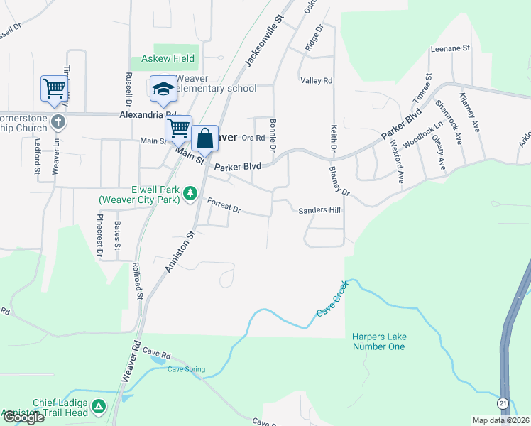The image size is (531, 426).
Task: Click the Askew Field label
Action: click(x=168, y=58)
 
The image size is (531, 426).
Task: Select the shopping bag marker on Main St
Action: click(x=204, y=138)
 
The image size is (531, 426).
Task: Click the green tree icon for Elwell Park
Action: click(x=190, y=193)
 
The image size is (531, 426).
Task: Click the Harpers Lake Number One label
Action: click(x=378, y=342)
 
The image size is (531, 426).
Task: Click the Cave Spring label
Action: click(x=186, y=369)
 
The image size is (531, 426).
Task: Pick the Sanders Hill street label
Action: click(x=319, y=211)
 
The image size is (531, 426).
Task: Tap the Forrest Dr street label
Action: click(x=224, y=207)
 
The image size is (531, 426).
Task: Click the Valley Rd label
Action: click(x=316, y=81)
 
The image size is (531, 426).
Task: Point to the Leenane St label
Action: click(x=451, y=48)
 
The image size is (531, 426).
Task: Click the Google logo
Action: click(x=23, y=417)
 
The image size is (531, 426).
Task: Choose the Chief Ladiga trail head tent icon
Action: click(x=99, y=407)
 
